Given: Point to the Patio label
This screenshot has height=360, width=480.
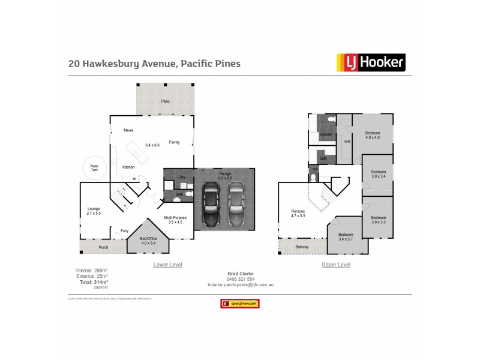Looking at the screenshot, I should pyautogui.click(x=165, y=101).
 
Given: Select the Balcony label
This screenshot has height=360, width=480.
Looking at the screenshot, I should pyautogui.click(x=302, y=247).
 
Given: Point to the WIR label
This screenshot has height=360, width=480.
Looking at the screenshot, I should pyautogui.click(x=347, y=142).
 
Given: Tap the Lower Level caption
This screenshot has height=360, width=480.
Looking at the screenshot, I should pyautogui.click(x=168, y=265).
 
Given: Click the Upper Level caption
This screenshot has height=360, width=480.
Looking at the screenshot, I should pyautogui.click(x=336, y=265).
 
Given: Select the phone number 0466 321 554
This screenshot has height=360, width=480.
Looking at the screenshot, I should pyautogui.click(x=240, y=279).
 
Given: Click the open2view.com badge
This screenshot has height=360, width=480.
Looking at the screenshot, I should pyautogui.click(x=240, y=304).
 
